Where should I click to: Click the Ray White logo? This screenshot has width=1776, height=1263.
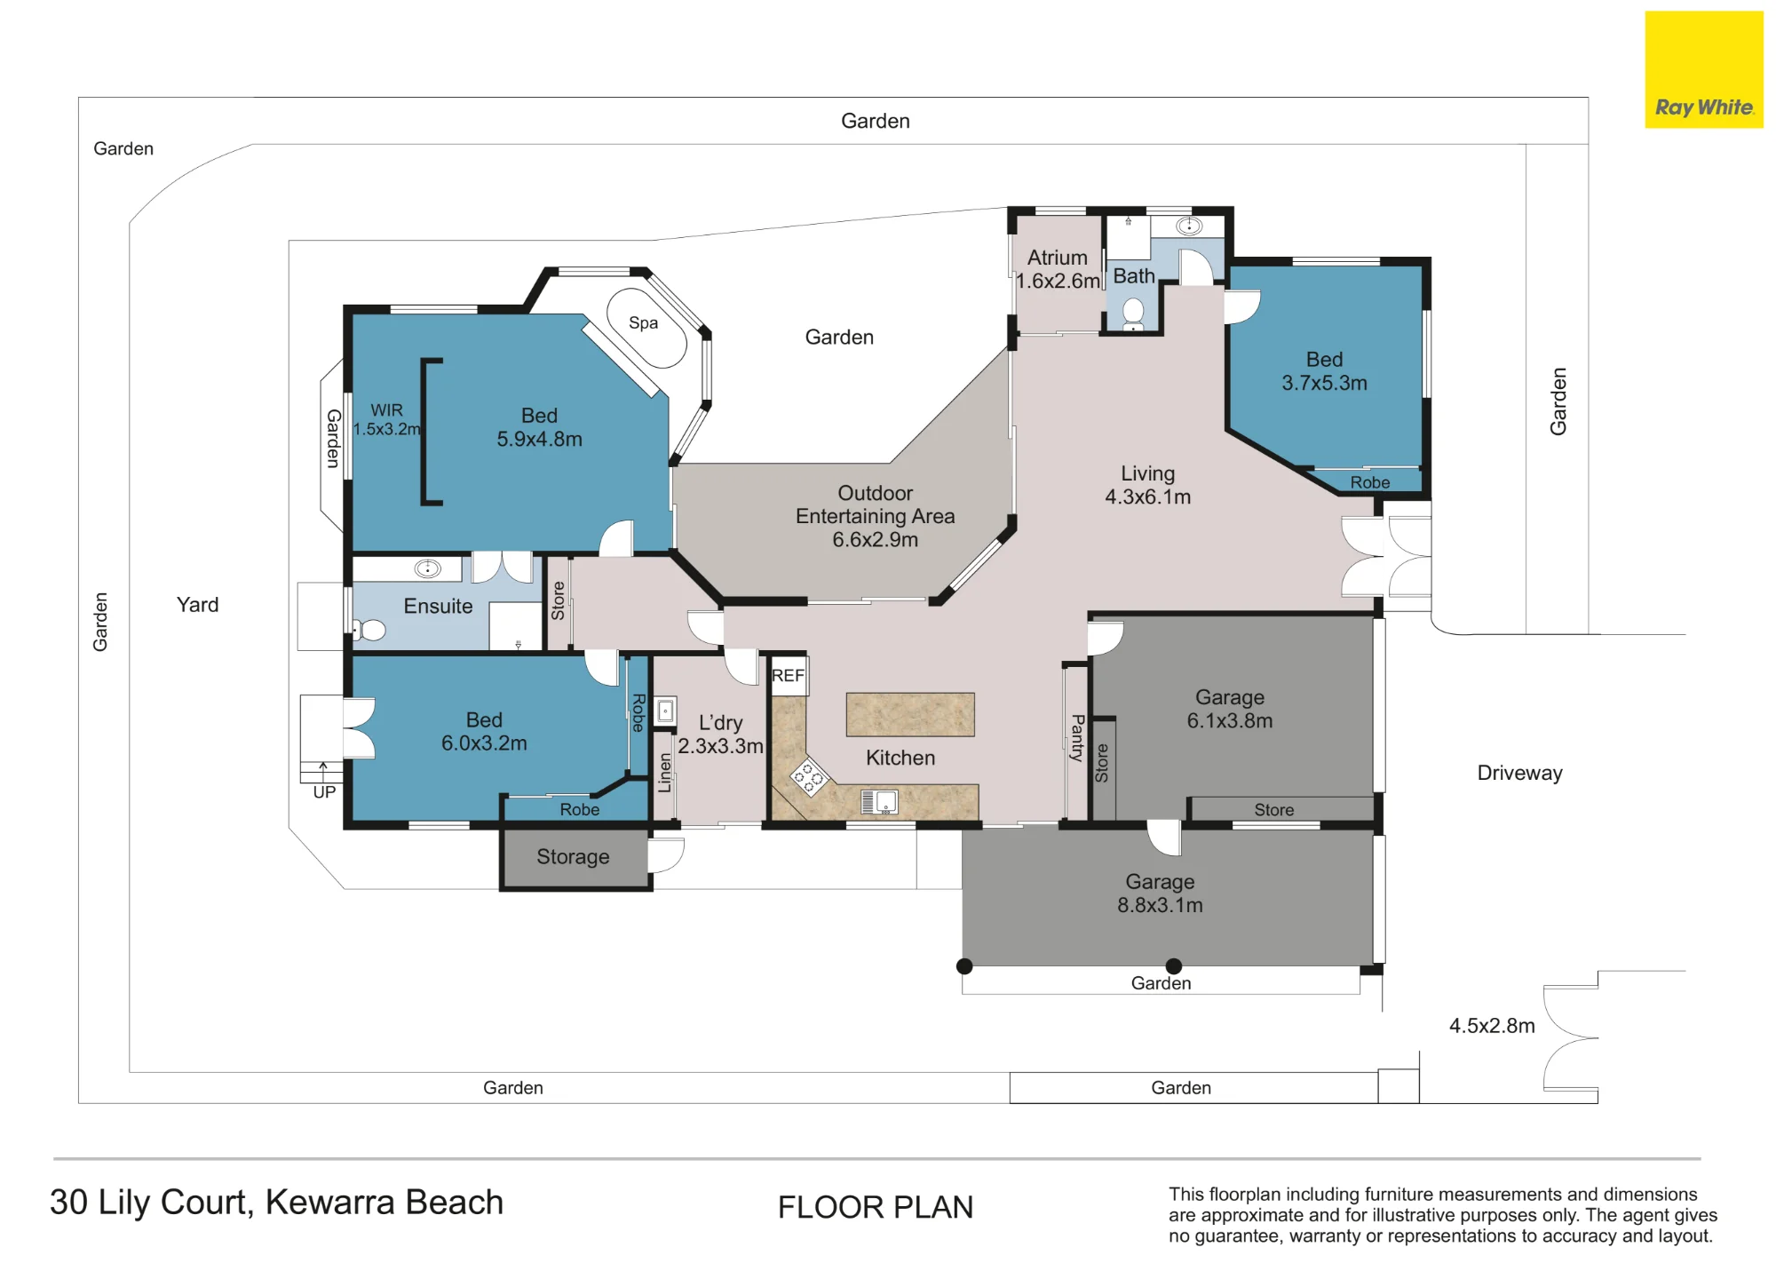pyautogui.click(x=1703, y=69)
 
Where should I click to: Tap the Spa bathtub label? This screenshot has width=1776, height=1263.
pyautogui.click(x=643, y=322)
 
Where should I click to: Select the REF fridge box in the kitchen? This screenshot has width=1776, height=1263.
pyautogui.click(x=789, y=676)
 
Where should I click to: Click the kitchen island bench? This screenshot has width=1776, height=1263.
pyautogui.click(x=910, y=714)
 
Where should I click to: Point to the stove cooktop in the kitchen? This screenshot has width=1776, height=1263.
pyautogui.click(x=808, y=776)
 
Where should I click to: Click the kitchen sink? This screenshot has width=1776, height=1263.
pyautogui.click(x=880, y=802)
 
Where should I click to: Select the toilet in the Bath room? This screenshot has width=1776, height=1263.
pyautogui.click(x=1133, y=312)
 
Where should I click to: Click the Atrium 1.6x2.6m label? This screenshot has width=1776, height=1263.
pyautogui.click(x=1058, y=269)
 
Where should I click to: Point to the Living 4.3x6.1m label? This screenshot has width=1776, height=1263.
pyautogui.click(x=1147, y=485)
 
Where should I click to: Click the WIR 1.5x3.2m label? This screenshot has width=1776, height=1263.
pyautogui.click(x=386, y=419)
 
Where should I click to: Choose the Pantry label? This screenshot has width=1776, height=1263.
pyautogui.click(x=1077, y=737)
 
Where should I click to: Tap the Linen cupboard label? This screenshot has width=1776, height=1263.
pyautogui.click(x=664, y=773)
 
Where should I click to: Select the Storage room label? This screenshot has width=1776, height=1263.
pyautogui.click(x=573, y=856)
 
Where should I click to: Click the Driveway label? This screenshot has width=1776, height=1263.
pyautogui.click(x=1519, y=773)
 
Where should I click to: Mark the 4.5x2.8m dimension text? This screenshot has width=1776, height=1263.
pyautogui.click(x=1492, y=1026)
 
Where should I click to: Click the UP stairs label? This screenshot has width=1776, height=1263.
pyautogui.click(x=324, y=792)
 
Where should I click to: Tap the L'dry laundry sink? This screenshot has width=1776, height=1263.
pyautogui.click(x=665, y=711)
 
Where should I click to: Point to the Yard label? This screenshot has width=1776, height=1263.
pyautogui.click(x=197, y=605)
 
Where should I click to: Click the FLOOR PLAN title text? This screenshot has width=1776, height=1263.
pyautogui.click(x=876, y=1208)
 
